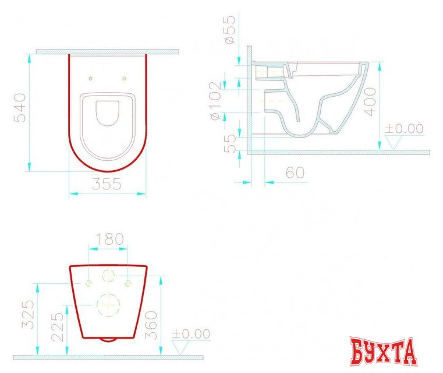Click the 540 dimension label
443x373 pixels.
(x=20, y=107)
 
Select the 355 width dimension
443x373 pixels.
(x=107, y=184)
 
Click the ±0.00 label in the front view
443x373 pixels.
(x=190, y=334)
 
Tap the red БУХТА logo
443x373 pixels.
(x=384, y=351)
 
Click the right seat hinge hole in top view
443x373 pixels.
(x=124, y=78)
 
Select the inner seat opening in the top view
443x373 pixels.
(x=107, y=112)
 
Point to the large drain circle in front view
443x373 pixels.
(x=108, y=304)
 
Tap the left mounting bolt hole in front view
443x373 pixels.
(x=88, y=283)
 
